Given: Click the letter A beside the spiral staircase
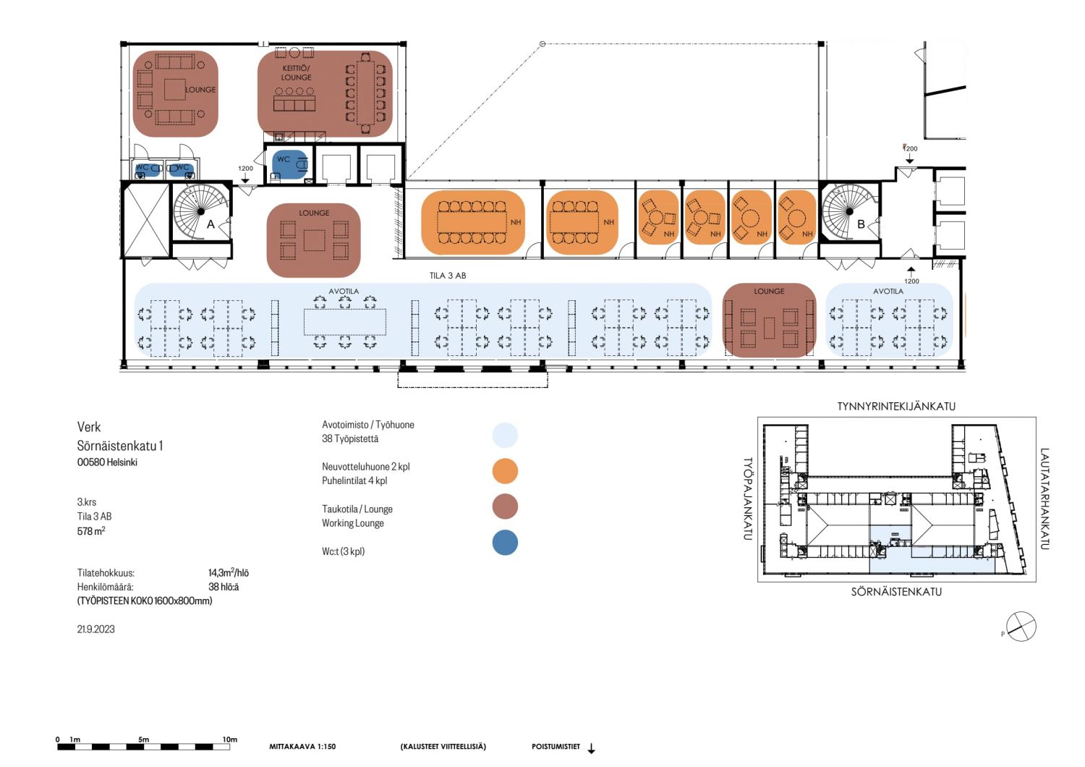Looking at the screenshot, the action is (x=210, y=224).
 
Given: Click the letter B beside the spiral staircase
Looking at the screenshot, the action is (x=861, y=224).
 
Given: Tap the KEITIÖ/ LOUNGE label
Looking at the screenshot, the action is (x=296, y=72).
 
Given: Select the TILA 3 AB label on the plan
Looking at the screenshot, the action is (x=448, y=276).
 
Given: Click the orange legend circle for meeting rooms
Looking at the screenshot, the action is (x=505, y=471).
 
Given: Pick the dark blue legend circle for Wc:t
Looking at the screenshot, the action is (x=505, y=542).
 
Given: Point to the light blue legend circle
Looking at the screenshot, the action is (x=505, y=435).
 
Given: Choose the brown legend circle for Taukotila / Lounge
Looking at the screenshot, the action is (x=505, y=507).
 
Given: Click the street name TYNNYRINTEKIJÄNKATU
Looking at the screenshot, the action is (x=896, y=407).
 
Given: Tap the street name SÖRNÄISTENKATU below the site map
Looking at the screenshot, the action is (x=896, y=592).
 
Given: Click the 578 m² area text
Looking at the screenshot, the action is (x=91, y=531).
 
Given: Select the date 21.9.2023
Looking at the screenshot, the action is (x=96, y=629).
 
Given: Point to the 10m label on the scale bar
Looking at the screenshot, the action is (x=230, y=740).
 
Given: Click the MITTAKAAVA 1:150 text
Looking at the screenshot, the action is (x=302, y=747).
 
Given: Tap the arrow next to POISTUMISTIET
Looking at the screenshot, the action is (x=591, y=749).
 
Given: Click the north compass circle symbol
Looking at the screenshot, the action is (x=1021, y=627).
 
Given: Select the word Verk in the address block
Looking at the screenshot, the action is (x=89, y=427).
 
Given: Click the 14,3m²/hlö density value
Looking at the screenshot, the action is (x=228, y=572).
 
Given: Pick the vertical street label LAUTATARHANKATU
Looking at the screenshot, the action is (x=1044, y=499).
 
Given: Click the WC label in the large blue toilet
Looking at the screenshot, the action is (x=284, y=159).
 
